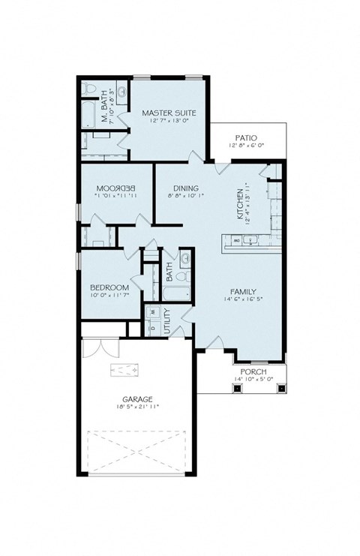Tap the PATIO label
coord(246,137)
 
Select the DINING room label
coord(184,188)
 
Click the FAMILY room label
coord(244,292)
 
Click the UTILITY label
coord(166,320)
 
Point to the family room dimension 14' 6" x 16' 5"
coord(244,300)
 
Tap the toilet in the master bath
coord(90,91)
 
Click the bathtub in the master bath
coord(87,116)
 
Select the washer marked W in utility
coord(153,311)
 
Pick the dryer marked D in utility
coord(153,327)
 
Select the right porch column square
coord(279,388)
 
